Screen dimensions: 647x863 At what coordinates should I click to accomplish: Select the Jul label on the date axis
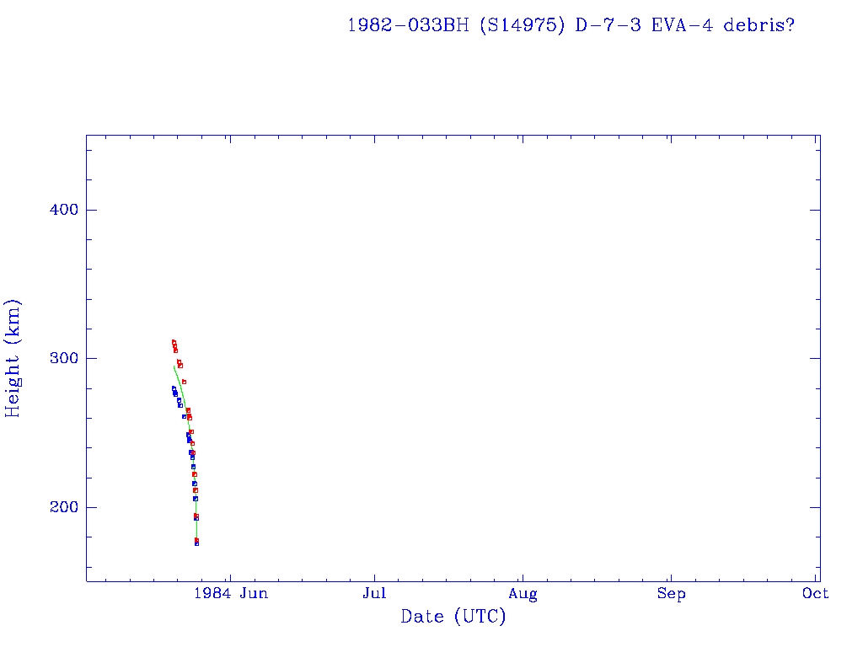374,594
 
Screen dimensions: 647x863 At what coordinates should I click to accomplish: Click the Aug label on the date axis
523,594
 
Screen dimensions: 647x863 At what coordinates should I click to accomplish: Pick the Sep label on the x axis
671,594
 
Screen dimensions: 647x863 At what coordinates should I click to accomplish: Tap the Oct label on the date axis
816,594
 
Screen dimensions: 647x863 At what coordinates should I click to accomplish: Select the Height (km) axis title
13,358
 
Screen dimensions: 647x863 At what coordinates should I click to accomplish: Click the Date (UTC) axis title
453,618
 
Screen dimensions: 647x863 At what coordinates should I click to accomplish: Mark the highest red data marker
174,342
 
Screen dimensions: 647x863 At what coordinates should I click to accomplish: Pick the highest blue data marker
174,388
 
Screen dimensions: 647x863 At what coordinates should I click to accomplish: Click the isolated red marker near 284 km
184,382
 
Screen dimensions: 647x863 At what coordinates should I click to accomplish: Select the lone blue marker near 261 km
184,416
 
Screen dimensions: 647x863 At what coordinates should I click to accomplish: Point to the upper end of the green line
174,366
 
